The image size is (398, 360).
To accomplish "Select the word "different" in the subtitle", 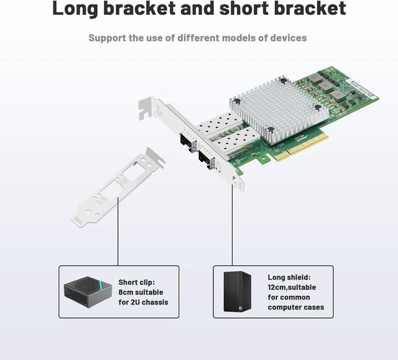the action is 198,38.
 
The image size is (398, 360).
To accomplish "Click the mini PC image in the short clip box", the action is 88,292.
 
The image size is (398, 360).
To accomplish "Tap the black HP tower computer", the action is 238,292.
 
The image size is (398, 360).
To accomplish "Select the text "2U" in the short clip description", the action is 135,302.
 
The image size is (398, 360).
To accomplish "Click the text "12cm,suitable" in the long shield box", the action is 292,287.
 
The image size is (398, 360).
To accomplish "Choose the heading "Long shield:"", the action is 289,277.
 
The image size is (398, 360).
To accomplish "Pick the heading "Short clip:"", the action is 137,282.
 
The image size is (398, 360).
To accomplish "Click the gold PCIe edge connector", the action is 301,147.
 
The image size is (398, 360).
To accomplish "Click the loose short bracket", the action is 118,188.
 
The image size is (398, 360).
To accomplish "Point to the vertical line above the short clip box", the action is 118,232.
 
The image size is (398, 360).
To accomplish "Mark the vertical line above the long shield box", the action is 232,225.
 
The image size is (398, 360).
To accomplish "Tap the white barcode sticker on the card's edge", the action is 361,88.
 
